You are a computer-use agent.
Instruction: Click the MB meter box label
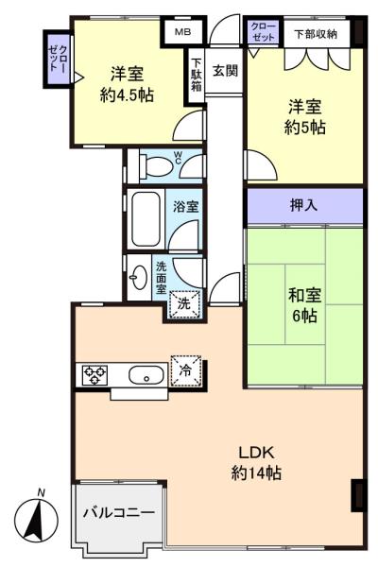point(182,32)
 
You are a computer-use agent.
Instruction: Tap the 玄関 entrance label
point(225,71)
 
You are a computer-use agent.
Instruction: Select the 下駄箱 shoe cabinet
point(196,76)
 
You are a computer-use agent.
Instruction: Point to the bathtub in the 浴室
point(146,219)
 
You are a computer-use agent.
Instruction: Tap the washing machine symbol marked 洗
point(184,303)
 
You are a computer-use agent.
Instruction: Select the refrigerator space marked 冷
point(185,370)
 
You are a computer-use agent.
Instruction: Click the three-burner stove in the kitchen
point(95,375)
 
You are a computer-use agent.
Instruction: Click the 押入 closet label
point(304,205)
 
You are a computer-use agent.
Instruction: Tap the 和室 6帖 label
point(304,305)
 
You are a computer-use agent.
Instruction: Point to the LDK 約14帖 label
point(256,462)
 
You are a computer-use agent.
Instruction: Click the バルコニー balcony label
point(119,512)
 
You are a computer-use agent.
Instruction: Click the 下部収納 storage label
point(316,34)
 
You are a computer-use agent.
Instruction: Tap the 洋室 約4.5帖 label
point(127,84)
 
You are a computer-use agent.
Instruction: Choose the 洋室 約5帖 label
point(304,117)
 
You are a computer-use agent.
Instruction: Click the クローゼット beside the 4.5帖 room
point(58,59)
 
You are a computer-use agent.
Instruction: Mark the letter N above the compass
point(42,492)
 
